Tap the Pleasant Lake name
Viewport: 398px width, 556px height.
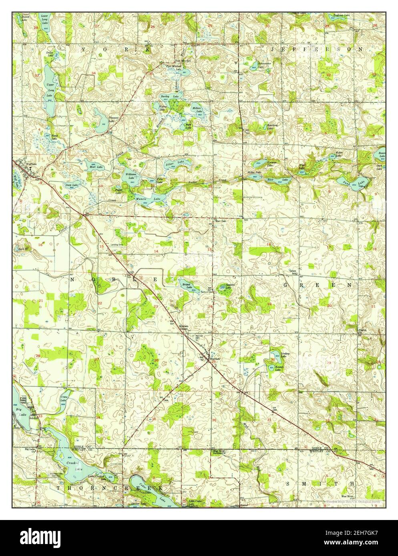(x=114, y=119)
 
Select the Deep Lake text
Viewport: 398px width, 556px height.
(x=72, y=185)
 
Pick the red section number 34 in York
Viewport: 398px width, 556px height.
(x=93, y=73)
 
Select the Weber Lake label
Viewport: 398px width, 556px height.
(x=338, y=154)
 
